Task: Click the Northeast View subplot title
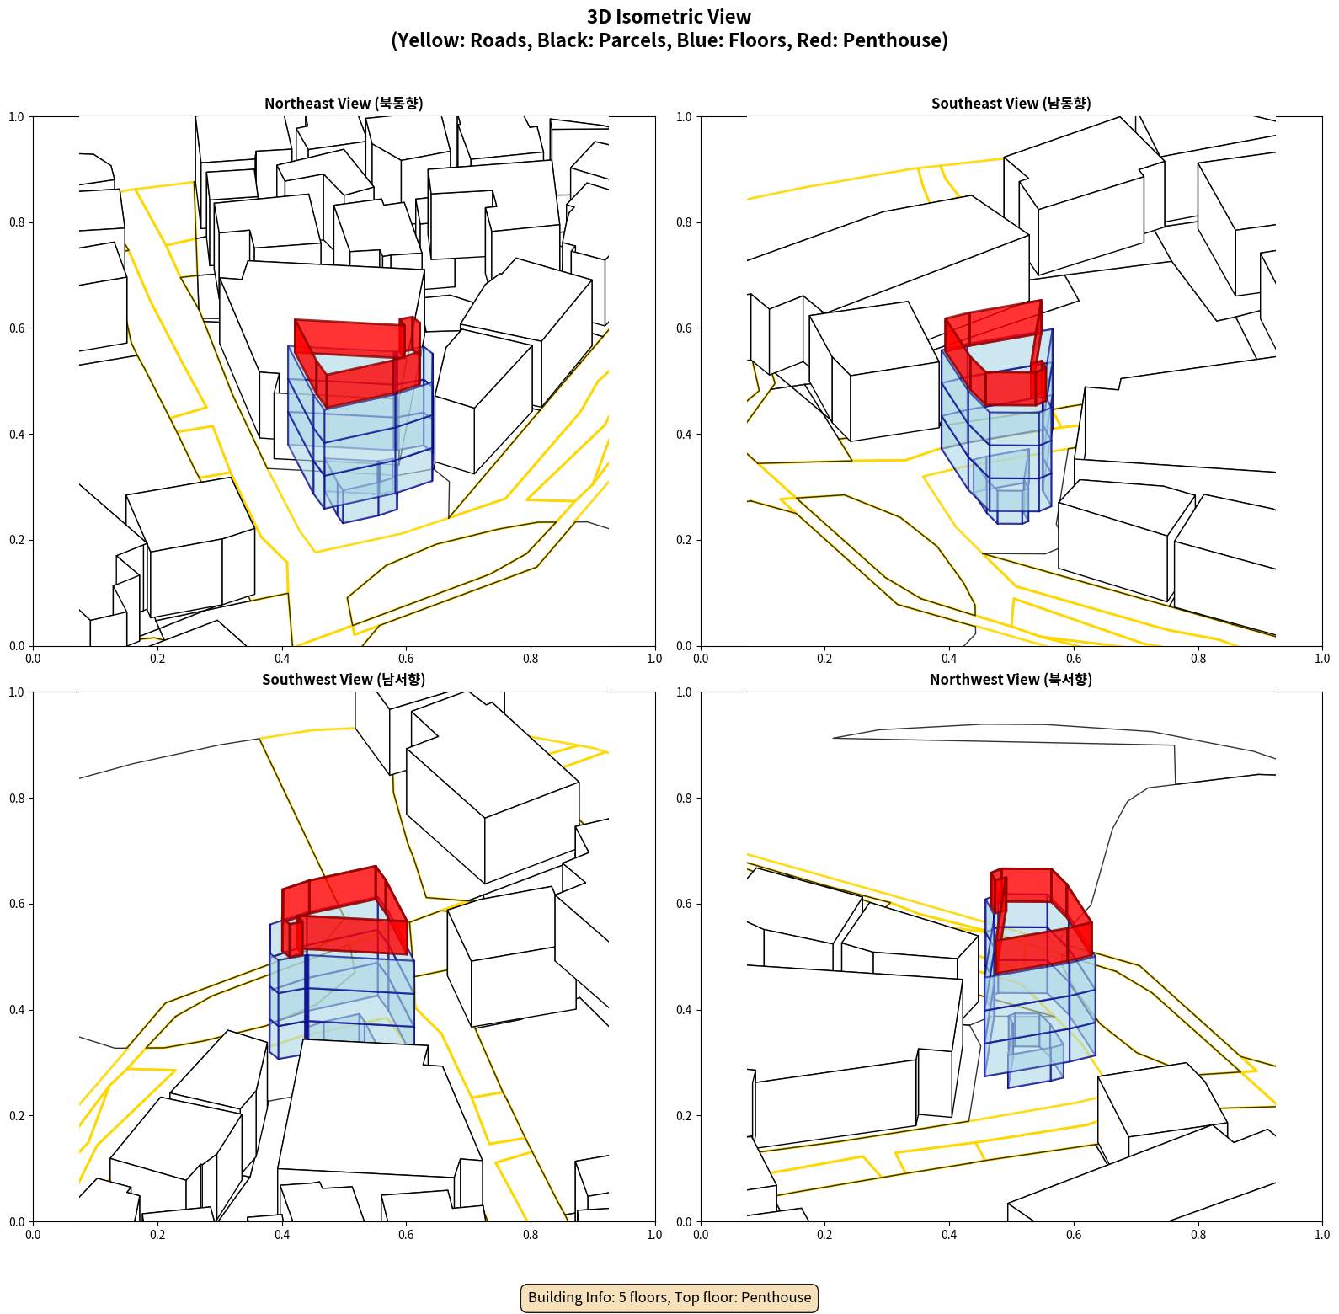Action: tap(344, 104)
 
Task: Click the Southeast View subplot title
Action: tap(1011, 104)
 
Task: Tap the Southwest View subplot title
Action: tap(344, 680)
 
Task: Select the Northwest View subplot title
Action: tap(1011, 680)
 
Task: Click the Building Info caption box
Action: tap(669, 1297)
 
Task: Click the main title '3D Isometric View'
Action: tap(669, 17)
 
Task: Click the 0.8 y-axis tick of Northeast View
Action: tap(17, 222)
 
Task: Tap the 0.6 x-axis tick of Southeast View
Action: tap(1074, 659)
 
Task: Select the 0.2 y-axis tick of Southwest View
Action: tap(17, 1116)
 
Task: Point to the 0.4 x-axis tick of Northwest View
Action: tap(949, 1235)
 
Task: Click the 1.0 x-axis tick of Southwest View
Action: tap(654, 1235)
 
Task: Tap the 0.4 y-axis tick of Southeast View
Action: tap(684, 435)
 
